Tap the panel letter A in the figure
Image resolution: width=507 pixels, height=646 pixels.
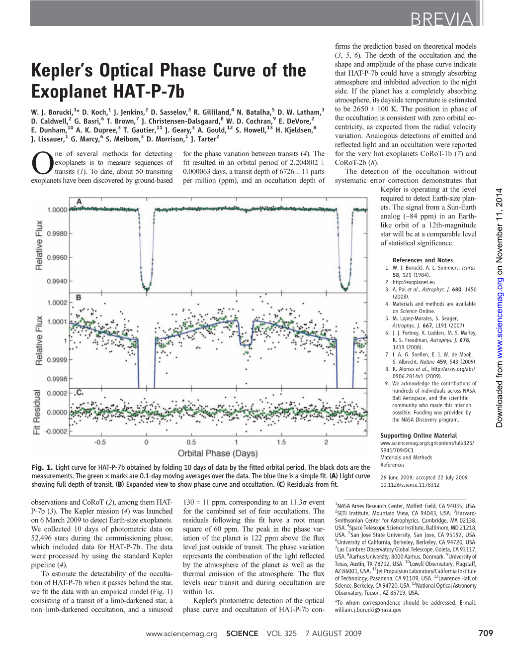[79, 202]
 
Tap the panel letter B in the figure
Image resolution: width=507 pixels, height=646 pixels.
[79, 298]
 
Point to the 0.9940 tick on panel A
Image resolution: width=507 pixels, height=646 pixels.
[57, 281]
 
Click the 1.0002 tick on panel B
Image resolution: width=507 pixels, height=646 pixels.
[57, 303]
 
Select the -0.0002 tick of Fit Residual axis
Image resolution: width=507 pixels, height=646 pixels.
[56, 431]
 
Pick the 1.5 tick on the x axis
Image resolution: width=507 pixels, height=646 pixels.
[281, 442]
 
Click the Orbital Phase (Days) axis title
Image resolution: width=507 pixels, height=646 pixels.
[218, 453]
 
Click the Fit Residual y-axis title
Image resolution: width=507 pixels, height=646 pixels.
[37, 412]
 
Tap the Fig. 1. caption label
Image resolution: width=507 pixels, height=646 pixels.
[42, 467]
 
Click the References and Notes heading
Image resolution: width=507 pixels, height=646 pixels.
[422, 260]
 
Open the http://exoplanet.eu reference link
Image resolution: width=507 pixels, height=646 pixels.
[414, 282]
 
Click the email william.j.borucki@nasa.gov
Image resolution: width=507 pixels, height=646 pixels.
[368, 610]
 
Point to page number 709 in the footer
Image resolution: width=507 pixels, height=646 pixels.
[485, 633]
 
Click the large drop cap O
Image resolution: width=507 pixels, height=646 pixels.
[41, 163]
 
